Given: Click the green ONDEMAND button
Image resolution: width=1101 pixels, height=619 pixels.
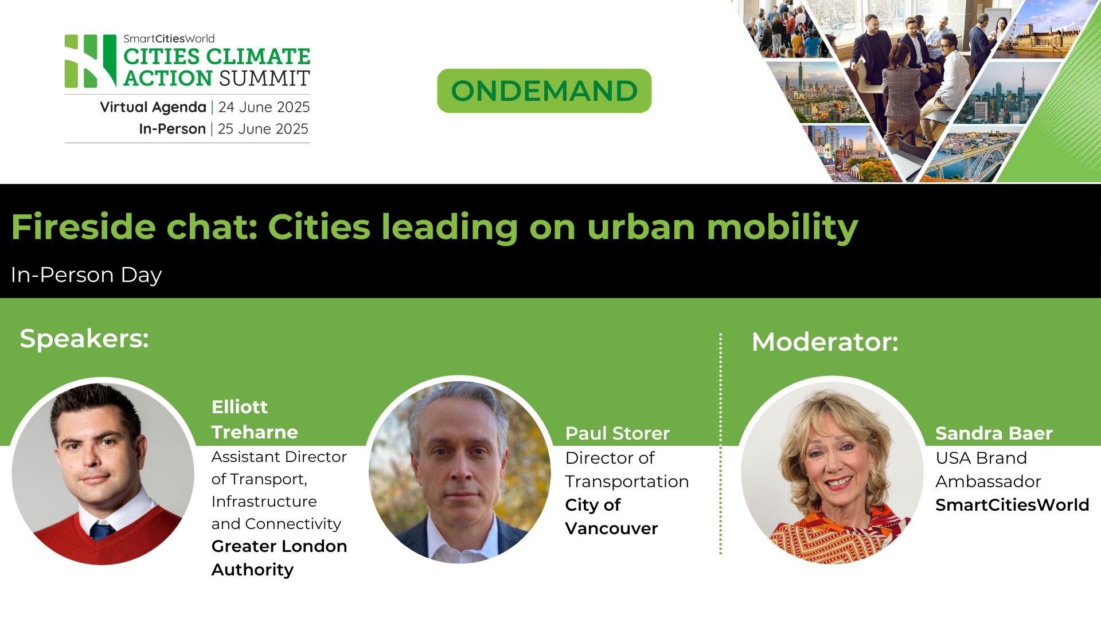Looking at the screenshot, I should [544, 91].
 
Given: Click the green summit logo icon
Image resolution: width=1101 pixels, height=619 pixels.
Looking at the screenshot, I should [91, 61].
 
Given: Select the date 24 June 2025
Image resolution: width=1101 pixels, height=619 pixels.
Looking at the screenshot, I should [264, 107].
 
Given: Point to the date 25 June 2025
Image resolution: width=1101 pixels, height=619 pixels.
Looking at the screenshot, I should [263, 129].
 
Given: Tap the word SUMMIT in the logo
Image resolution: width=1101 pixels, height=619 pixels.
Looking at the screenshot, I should [264, 79].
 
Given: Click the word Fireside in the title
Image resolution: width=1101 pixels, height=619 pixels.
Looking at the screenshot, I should [83, 227].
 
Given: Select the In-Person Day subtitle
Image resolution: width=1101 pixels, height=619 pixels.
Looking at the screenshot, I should [86, 275].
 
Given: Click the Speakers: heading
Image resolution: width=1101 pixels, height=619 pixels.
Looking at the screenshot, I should [84, 338].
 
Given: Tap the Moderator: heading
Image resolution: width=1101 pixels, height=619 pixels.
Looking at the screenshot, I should [825, 342].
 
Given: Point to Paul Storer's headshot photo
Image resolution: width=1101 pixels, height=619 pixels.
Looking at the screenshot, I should [459, 472].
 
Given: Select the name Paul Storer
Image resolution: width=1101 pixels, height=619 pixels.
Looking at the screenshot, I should [617, 433].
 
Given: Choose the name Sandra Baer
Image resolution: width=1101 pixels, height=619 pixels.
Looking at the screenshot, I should [994, 433].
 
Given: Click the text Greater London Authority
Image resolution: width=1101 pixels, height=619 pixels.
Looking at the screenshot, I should [279, 558].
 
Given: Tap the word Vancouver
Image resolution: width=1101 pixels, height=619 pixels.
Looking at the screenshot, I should [611, 528].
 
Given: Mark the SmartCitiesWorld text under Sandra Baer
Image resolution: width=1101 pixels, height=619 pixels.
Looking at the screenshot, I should [1012, 505].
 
